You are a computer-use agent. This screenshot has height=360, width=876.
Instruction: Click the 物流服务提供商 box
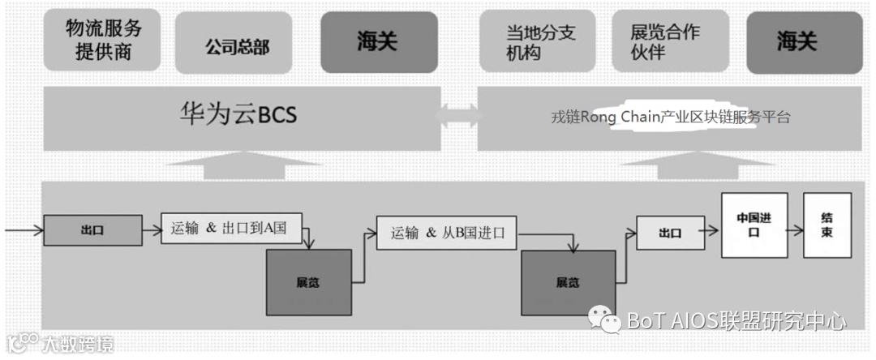(x=104, y=41)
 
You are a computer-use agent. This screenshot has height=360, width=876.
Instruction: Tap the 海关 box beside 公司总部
(x=377, y=42)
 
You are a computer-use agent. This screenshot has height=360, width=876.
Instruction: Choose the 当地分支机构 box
(x=541, y=42)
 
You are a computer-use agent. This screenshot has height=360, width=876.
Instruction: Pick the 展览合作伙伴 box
(x=669, y=42)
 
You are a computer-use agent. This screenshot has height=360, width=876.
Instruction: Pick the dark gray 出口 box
(x=92, y=230)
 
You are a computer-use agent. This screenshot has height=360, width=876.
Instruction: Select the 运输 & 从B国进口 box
(x=447, y=233)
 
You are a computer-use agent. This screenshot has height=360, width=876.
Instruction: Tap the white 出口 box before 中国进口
(x=669, y=233)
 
